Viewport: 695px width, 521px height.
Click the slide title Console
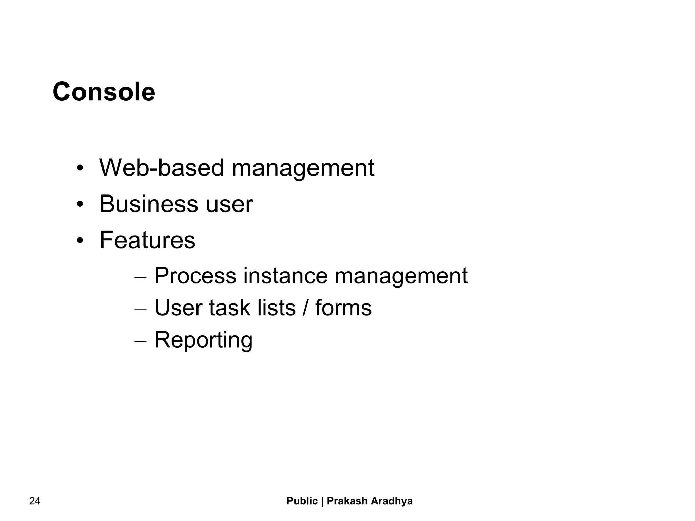tap(104, 92)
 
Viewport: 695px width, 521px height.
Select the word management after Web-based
tap(303, 168)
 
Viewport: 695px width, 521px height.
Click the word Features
tap(147, 240)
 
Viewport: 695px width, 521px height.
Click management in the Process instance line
tap(401, 276)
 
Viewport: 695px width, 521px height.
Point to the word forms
tap(343, 308)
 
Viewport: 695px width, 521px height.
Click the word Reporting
tap(203, 340)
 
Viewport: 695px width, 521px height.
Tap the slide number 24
tap(35, 501)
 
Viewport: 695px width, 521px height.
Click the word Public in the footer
tap(302, 501)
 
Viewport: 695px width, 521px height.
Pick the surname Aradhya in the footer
tap(392, 501)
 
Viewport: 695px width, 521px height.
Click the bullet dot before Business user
tap(80, 205)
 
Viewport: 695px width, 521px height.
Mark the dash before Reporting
tap(140, 341)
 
